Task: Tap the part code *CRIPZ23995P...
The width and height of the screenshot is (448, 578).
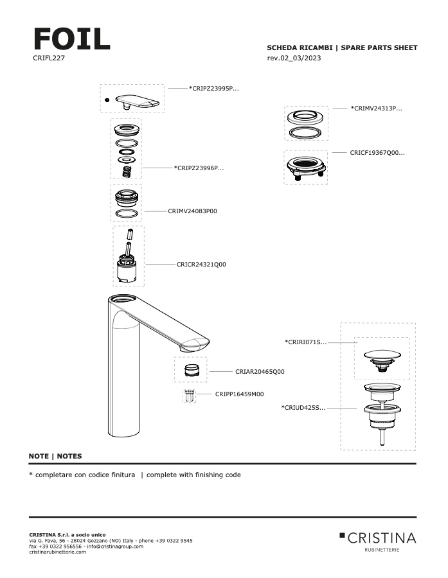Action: tap(213, 88)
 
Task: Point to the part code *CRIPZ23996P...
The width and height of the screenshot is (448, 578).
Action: tap(199, 168)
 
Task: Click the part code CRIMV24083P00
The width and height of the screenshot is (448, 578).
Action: tap(192, 211)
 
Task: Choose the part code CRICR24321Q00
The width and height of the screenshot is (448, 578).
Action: tap(201, 264)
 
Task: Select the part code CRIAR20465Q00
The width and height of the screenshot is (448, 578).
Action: tap(260, 371)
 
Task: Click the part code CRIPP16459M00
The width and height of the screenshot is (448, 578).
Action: tap(239, 394)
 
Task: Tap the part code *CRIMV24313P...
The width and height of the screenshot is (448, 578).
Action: tap(376, 109)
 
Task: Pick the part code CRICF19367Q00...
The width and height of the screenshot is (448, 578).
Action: tap(377, 153)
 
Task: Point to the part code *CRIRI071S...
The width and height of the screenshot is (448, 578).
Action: tap(305, 342)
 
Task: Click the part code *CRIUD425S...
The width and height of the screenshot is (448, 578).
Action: tap(303, 407)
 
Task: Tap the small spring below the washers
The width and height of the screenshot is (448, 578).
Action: tap(127, 171)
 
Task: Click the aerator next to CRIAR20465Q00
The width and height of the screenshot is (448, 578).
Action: tap(190, 370)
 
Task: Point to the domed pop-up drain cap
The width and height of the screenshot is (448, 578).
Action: tap(382, 355)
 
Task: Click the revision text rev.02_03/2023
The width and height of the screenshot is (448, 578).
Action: tap(294, 58)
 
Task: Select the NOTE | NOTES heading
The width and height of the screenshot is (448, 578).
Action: tap(55, 456)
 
